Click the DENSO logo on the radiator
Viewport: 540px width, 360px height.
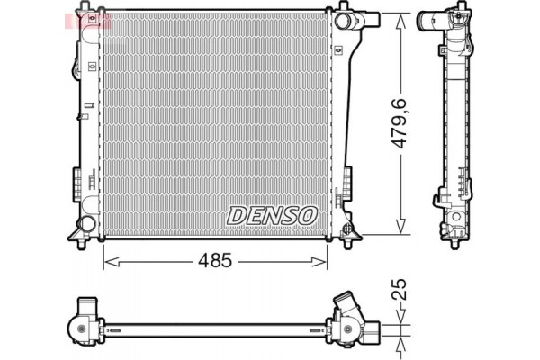(x=273, y=214)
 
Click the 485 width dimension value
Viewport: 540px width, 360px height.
(x=216, y=261)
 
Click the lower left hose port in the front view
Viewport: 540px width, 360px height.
(x=85, y=224)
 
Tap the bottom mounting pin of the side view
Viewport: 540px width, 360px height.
(x=454, y=244)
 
